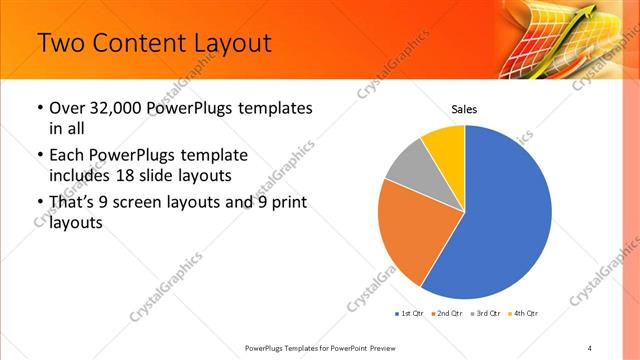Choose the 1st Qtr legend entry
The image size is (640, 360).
click(x=409, y=313)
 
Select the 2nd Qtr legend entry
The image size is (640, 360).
click(x=447, y=313)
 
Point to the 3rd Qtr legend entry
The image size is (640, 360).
click(x=487, y=313)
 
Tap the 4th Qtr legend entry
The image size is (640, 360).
click(x=526, y=313)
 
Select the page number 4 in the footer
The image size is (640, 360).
click(x=590, y=347)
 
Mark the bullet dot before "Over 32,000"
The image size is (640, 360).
click(x=38, y=108)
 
